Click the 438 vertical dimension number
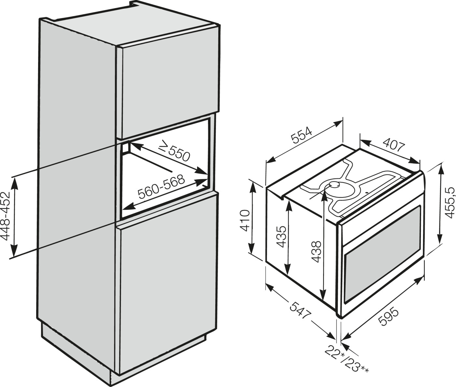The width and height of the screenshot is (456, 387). click(316, 251)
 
